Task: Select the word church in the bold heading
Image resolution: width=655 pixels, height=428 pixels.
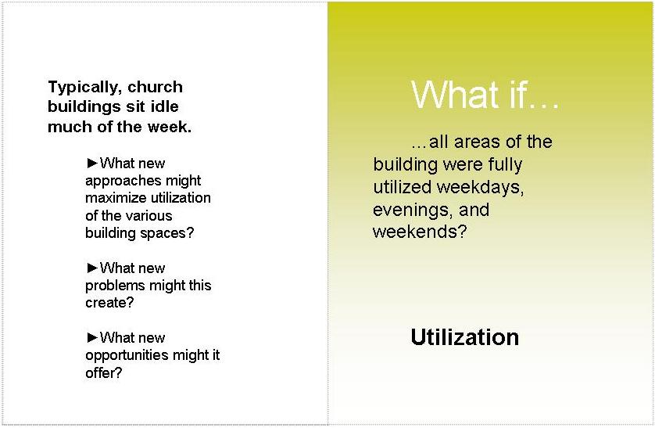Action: (155, 87)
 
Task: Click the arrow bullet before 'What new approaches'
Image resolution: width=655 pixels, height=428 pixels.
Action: (92, 163)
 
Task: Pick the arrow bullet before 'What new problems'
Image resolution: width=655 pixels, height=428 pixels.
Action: (92, 268)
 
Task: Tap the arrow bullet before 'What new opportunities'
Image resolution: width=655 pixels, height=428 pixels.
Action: (92, 337)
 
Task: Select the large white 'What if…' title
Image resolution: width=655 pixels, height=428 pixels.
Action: (485, 95)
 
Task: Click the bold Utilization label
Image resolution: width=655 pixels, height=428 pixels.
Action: (464, 337)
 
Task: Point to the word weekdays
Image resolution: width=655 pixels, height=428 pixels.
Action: (481, 187)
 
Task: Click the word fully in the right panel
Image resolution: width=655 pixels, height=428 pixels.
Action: (505, 164)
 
